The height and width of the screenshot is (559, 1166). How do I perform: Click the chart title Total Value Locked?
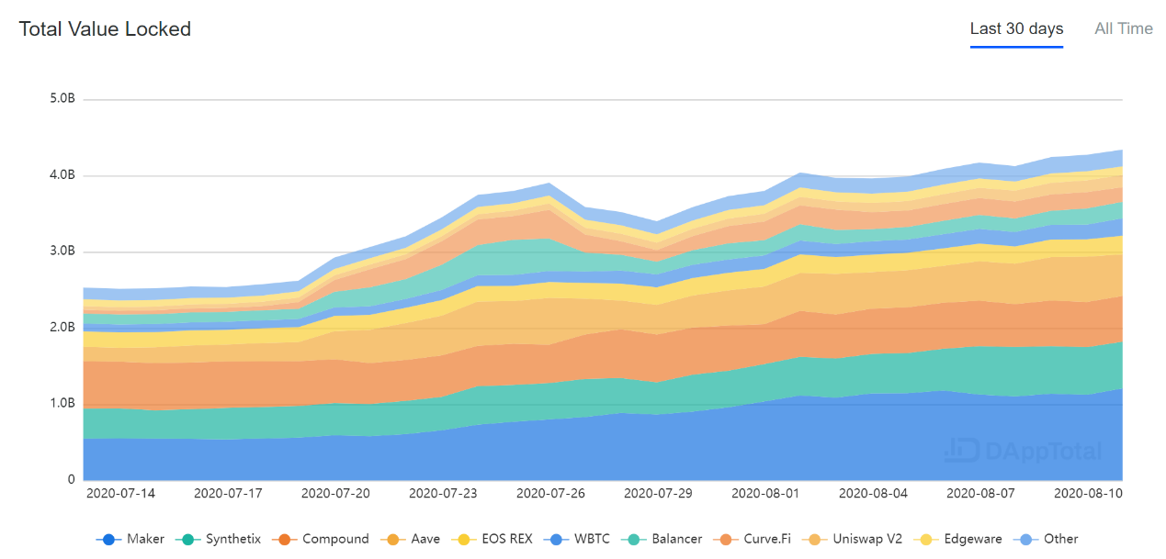[x=105, y=29]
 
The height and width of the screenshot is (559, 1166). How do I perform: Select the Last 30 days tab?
[x=1016, y=29]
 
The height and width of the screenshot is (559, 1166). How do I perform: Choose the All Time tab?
[x=1123, y=29]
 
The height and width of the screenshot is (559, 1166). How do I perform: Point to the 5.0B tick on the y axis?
[x=62, y=99]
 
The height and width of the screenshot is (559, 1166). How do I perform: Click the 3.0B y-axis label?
[x=62, y=252]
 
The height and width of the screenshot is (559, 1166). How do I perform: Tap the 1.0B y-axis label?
[x=62, y=404]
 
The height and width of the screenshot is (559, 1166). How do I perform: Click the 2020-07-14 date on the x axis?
[x=120, y=493]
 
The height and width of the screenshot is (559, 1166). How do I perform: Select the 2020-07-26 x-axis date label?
[x=550, y=493]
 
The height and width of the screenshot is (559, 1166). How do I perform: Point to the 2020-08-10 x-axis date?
[x=1088, y=493]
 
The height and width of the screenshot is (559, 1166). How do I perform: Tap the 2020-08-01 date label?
[x=765, y=493]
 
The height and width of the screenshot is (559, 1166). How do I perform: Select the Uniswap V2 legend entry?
[x=855, y=539]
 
